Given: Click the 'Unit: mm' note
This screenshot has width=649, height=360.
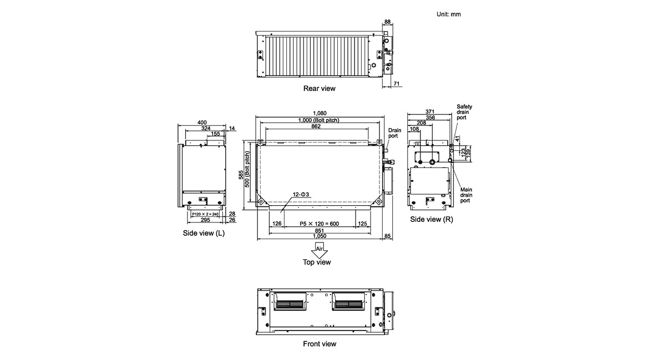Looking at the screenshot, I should tap(448, 14).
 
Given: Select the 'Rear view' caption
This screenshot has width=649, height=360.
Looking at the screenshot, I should tap(319, 88).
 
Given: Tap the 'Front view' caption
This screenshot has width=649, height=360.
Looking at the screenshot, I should tap(320, 344).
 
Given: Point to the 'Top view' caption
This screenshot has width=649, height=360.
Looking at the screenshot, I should tap(317, 262).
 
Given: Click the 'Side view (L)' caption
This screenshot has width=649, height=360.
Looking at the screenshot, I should tap(204, 233).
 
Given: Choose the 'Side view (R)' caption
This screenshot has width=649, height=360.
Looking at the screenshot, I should tap(432, 220).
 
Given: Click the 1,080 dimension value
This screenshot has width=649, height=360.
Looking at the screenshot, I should tap(320, 113).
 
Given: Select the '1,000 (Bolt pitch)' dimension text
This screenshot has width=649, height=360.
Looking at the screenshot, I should tap(318, 120).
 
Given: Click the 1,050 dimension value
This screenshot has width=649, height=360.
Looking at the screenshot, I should tap(320, 236).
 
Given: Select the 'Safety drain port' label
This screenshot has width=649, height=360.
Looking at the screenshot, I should tap(464, 112).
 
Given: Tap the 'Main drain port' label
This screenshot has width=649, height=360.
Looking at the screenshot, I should tap(466, 195).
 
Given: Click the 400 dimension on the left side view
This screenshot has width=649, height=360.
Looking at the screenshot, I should tap(202, 122).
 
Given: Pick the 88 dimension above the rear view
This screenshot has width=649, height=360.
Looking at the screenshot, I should tap(387, 22).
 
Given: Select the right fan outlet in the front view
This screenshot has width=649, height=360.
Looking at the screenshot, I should tap(348, 303).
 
